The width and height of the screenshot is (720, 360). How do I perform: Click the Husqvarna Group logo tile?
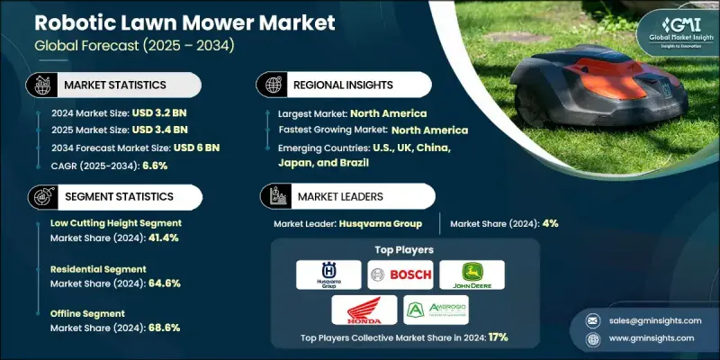(x=332, y=274)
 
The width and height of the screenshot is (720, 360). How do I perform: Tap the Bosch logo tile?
(x=399, y=274)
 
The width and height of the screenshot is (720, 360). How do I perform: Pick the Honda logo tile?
(x=365, y=310)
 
